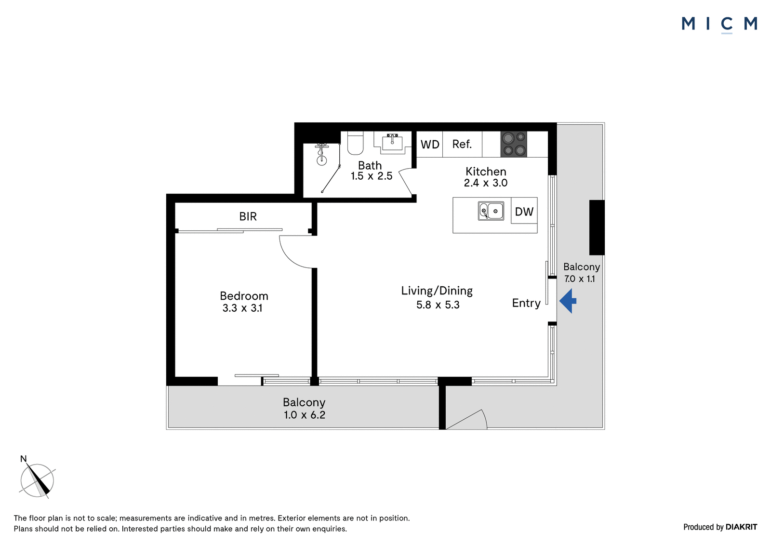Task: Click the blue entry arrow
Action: (568, 301)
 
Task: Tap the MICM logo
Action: (719, 25)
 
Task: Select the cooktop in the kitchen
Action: (514, 144)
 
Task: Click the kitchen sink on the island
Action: (491, 211)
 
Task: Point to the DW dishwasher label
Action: (524, 212)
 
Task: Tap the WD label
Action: (430, 144)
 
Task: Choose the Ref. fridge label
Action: (462, 144)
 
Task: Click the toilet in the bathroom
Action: (356, 143)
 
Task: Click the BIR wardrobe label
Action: (248, 216)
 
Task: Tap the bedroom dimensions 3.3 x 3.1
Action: (242, 308)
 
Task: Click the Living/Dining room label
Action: (437, 291)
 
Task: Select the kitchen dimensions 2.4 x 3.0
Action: (486, 183)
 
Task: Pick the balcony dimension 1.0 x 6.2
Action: (304, 415)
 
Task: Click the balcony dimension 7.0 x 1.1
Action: (580, 279)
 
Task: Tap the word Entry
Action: (526, 303)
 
